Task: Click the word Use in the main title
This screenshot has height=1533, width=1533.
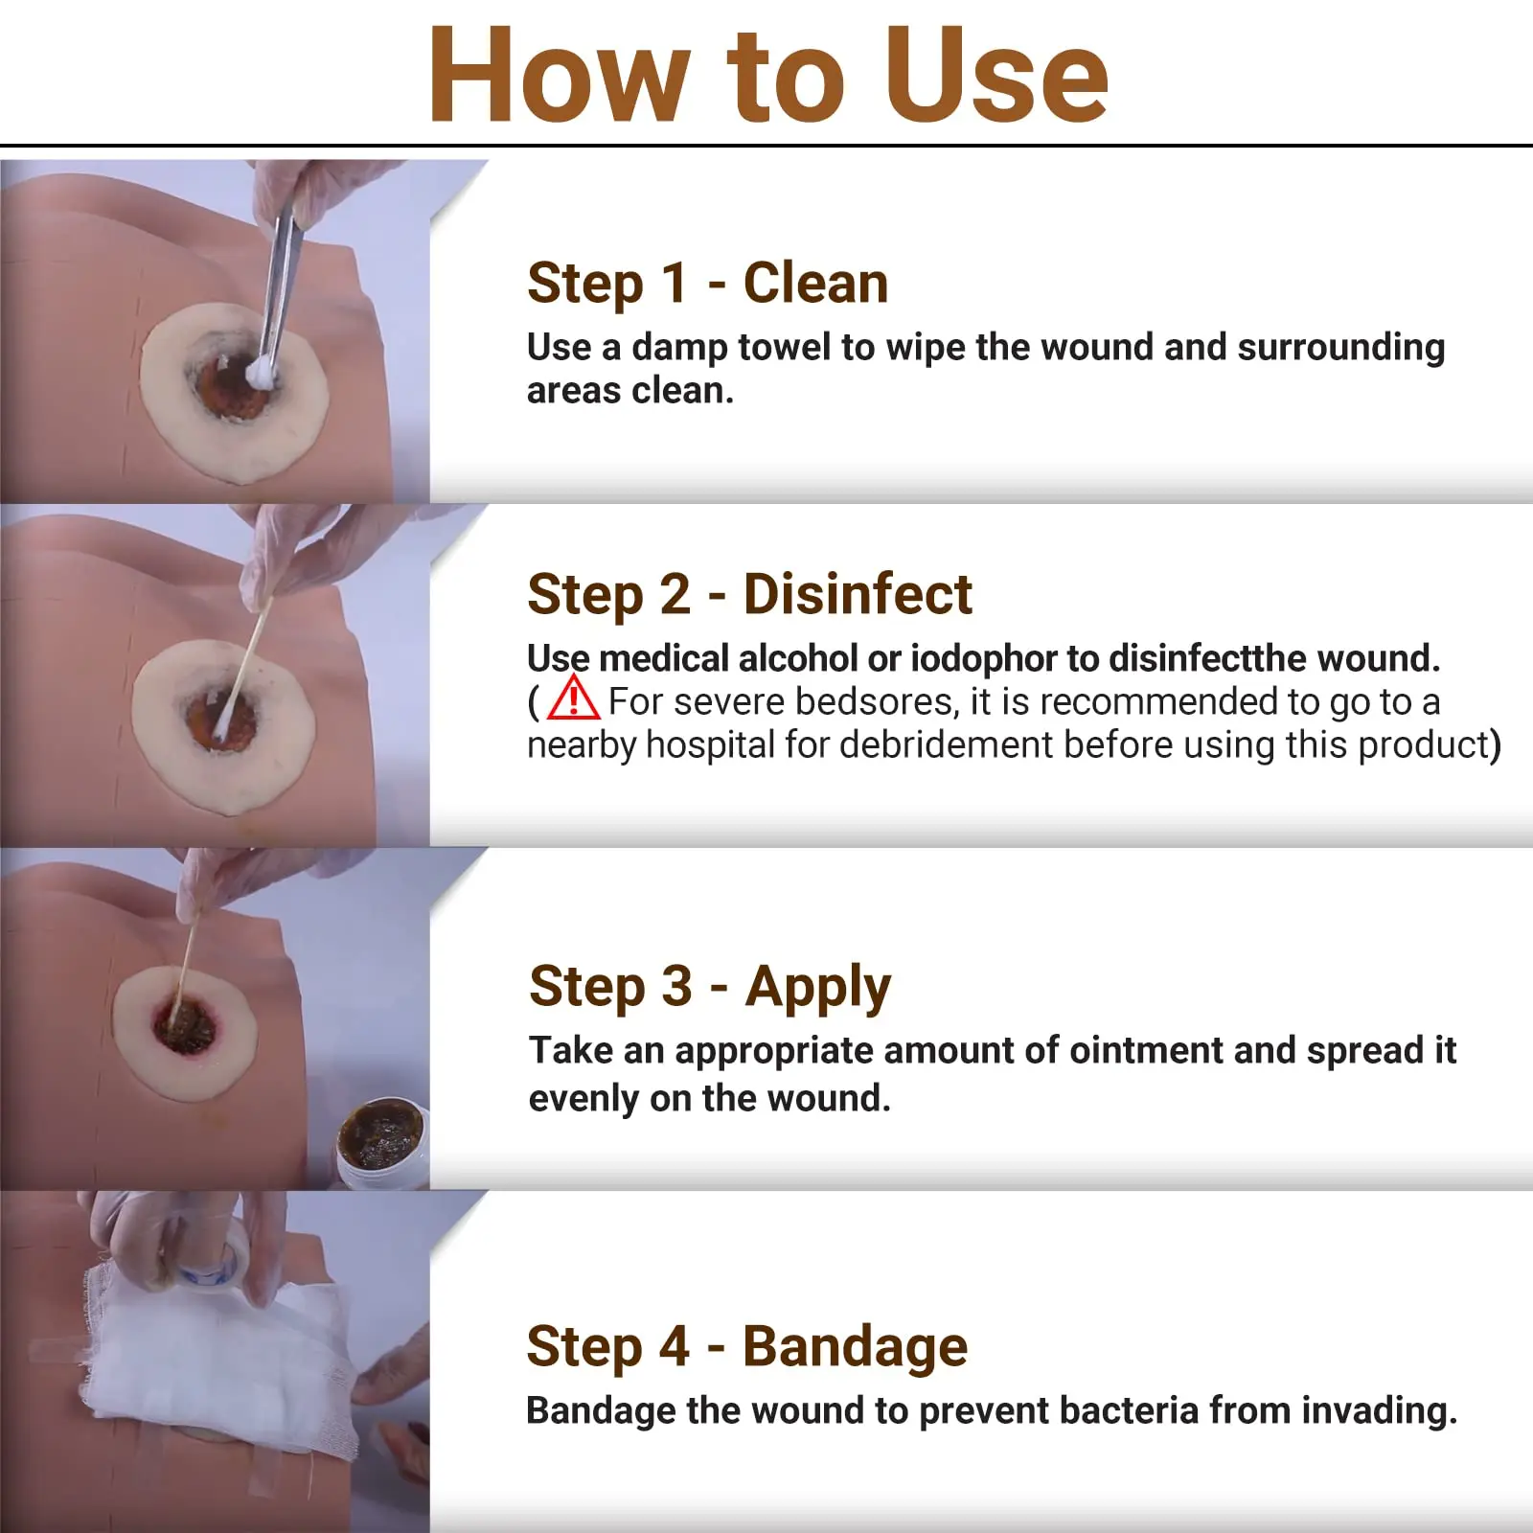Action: (x=996, y=77)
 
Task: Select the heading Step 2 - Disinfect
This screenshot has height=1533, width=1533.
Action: (x=749, y=594)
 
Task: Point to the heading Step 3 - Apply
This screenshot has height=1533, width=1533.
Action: (x=709, y=986)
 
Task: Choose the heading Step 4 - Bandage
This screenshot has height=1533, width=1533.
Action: (x=746, y=1346)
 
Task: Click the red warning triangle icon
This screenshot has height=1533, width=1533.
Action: (x=573, y=698)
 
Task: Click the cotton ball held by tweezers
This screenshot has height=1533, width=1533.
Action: (x=260, y=370)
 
